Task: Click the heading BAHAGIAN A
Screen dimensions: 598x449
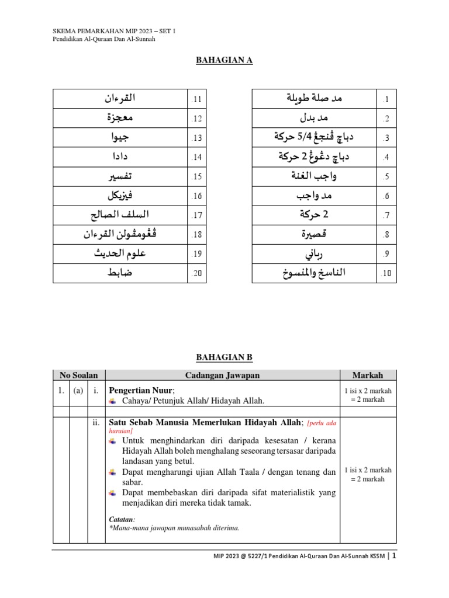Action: tap(224, 60)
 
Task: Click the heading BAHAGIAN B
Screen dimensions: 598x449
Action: tap(224, 357)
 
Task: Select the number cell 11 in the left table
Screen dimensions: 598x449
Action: tap(196, 99)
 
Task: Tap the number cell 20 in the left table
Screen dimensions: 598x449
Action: tap(196, 273)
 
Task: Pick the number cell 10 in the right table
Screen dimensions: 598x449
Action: tap(386, 273)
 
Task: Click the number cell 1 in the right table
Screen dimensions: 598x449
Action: tap(386, 99)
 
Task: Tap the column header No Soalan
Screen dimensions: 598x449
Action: tap(79, 375)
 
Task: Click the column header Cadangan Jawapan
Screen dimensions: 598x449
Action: tap(222, 375)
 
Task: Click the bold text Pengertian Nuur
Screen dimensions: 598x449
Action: tap(141, 390)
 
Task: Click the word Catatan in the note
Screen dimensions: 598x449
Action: tap(122, 519)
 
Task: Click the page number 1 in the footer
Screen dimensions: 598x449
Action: tap(395, 557)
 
